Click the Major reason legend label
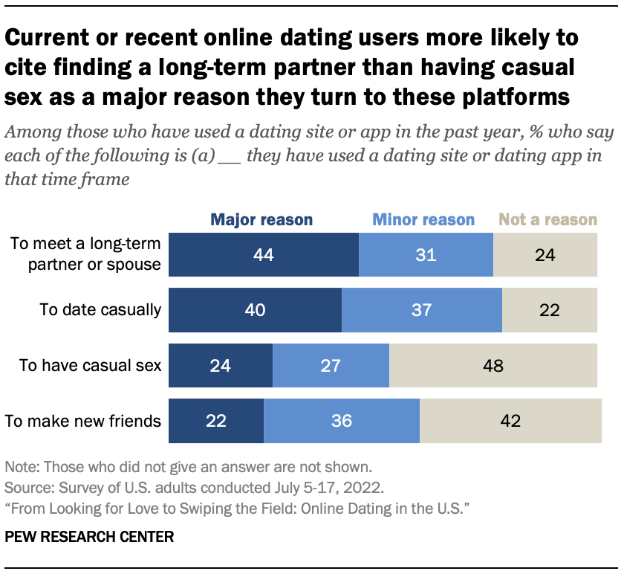click(x=261, y=219)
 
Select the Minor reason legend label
click(x=423, y=219)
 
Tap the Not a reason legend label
click(x=547, y=219)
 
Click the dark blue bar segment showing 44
click(x=264, y=255)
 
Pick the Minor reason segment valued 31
click(x=426, y=255)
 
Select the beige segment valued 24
click(x=545, y=255)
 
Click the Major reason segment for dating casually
click(x=255, y=310)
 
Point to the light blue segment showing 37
click(x=421, y=310)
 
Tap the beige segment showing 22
click(x=550, y=310)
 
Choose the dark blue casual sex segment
click(x=221, y=365)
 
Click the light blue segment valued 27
click(x=331, y=365)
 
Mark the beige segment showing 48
click(x=493, y=365)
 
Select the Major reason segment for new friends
click(x=216, y=421)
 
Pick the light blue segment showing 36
click(x=342, y=421)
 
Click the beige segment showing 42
click(x=510, y=421)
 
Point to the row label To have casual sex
click(x=91, y=365)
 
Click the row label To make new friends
click(x=83, y=421)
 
